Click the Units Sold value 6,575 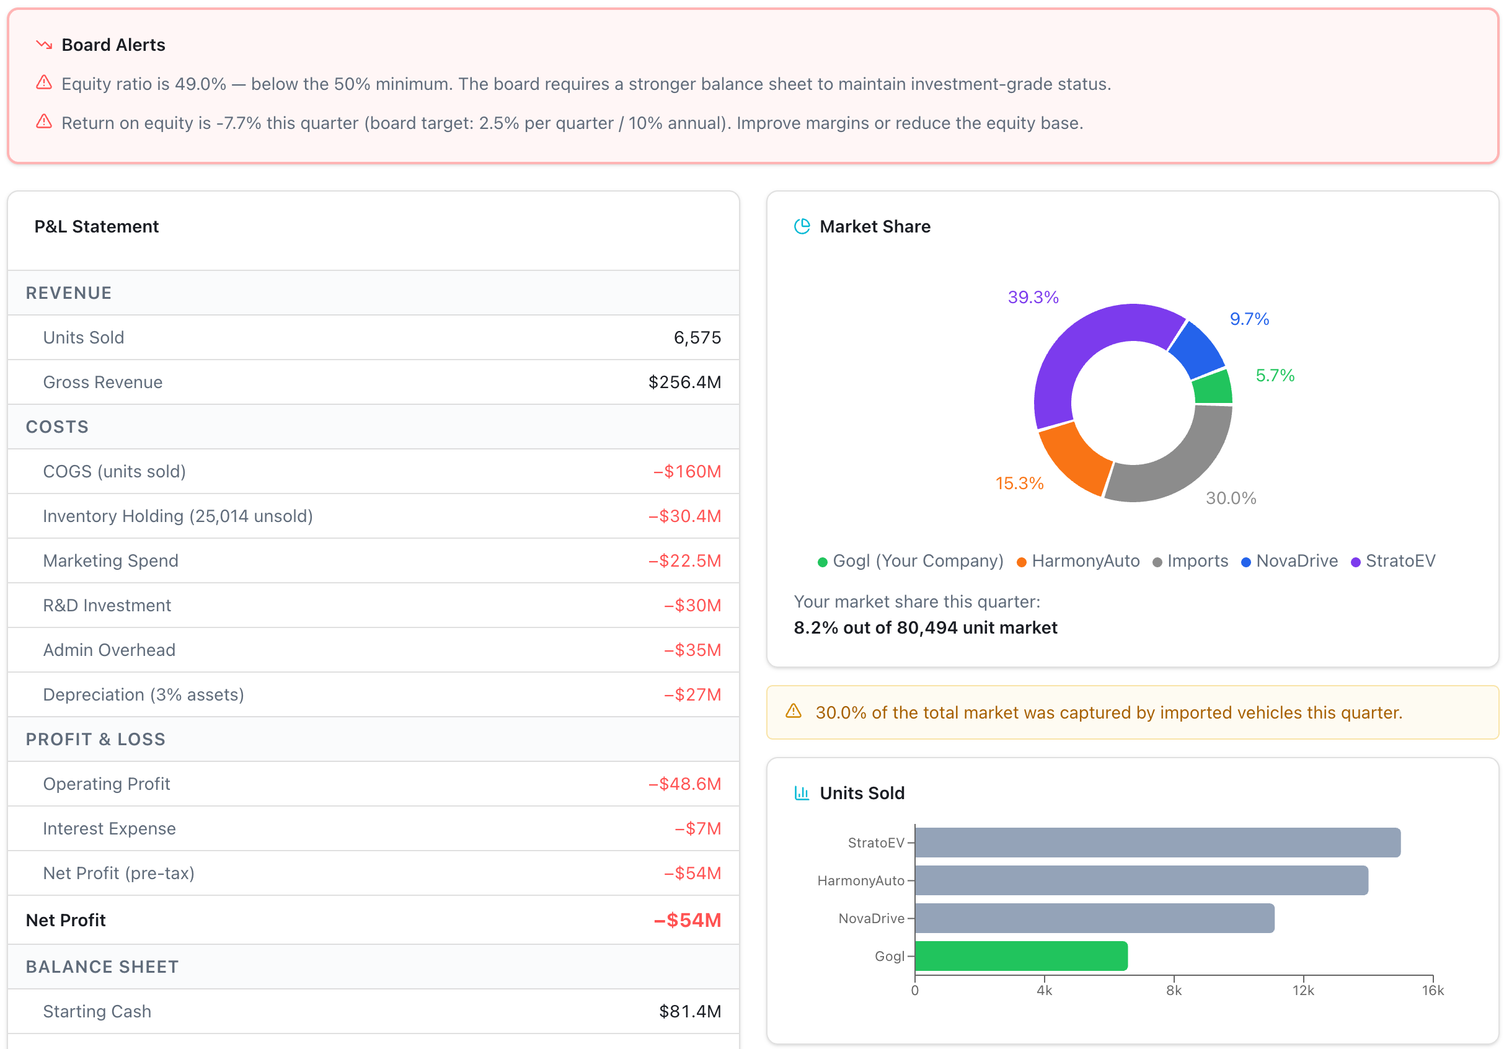[697, 337]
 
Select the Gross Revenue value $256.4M [684, 382]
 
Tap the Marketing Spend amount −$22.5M [684, 561]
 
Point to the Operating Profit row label [106, 784]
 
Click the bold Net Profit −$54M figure [686, 920]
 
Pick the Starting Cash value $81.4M [689, 1011]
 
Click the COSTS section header [57, 427]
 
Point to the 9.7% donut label [1249, 319]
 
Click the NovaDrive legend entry [1289, 561]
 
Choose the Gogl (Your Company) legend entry [911, 561]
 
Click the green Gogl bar [1020, 956]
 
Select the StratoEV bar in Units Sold [1157, 842]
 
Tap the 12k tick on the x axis [1303, 990]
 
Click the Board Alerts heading [113, 45]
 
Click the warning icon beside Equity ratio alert [44, 82]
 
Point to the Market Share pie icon [802, 226]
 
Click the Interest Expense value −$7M [697, 828]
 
